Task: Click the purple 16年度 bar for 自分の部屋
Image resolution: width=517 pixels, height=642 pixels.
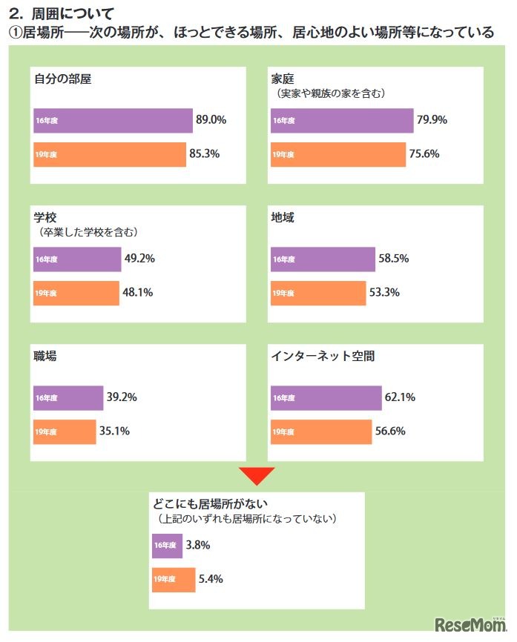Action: pyautogui.click(x=112, y=120)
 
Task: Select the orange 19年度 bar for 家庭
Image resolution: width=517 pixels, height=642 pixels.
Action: pyautogui.click(x=338, y=155)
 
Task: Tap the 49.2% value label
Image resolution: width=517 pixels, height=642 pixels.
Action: pyautogui.click(x=138, y=259)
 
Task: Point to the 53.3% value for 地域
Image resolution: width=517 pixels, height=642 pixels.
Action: pyautogui.click(x=384, y=292)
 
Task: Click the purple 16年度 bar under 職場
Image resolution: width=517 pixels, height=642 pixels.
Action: pyautogui.click(x=67, y=397)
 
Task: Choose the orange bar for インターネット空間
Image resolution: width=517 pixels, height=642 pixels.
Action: pyautogui.click(x=321, y=431)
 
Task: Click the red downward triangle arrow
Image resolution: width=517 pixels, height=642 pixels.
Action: pyautogui.click(x=256, y=475)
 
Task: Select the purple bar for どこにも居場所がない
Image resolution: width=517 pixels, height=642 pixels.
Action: pyautogui.click(x=167, y=546)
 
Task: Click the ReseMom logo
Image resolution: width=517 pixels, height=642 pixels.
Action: pyautogui.click(x=470, y=625)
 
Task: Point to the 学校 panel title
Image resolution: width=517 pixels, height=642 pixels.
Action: pyautogui.click(x=45, y=218)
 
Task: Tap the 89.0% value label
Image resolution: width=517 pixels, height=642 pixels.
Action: pyautogui.click(x=211, y=120)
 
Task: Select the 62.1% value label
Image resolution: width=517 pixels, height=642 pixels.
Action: pyautogui.click(x=401, y=397)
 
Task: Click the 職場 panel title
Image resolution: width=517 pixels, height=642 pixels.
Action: pyautogui.click(x=46, y=356)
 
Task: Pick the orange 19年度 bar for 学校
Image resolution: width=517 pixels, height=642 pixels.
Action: pyautogui.click(x=75, y=293)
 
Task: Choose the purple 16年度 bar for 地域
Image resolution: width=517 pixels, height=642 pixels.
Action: pyautogui.click(x=323, y=259)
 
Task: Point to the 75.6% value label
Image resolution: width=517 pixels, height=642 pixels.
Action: pyautogui.click(x=424, y=154)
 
